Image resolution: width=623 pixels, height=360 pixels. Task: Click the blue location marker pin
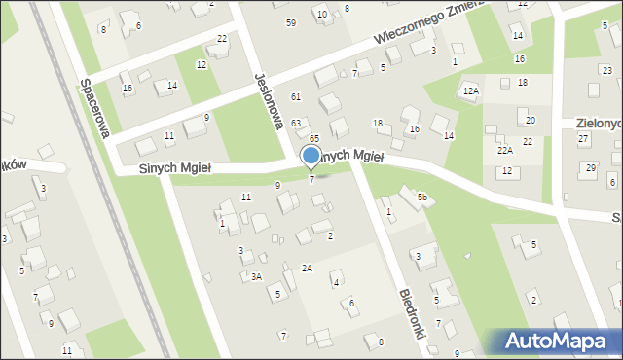[311, 156]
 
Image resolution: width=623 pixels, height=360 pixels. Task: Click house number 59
[291, 22]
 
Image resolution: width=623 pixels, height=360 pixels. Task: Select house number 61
[295, 96]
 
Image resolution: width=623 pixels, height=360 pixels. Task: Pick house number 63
[295, 124]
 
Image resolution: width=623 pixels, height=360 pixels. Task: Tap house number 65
[314, 140]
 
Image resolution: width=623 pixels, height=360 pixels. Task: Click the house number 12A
[471, 91]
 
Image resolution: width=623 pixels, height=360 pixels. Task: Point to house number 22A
[504, 150]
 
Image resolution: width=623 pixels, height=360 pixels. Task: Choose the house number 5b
[422, 198]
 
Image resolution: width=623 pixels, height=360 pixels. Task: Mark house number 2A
[307, 268]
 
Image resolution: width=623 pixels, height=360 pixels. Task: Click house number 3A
[256, 277]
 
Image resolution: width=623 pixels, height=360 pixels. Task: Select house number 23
[607, 70]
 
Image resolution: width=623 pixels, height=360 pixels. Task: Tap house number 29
[590, 168]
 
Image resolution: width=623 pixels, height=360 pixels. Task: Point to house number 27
[583, 139]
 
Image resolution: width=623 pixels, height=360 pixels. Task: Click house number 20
[531, 120]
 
